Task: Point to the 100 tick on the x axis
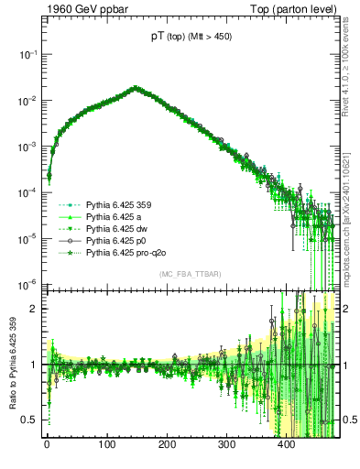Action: pyautogui.click(x=106, y=444)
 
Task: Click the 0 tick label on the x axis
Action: pyautogui.click(x=47, y=444)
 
